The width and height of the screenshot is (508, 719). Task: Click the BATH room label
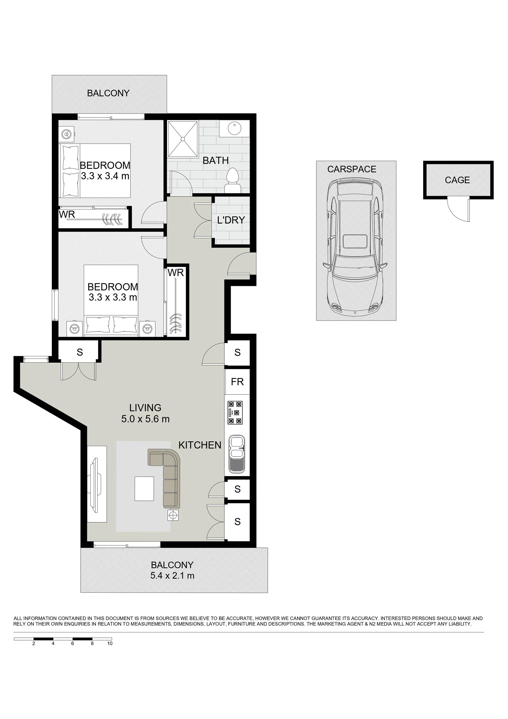216,161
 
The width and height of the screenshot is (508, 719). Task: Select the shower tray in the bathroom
183,139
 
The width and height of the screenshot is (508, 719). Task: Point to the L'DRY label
231,220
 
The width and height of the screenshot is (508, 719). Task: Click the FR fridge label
237,382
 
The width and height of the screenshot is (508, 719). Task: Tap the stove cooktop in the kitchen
235,413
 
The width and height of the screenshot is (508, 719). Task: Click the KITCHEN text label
200,445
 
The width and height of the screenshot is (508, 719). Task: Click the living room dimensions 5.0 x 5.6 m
146,419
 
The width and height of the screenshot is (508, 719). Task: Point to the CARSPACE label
352,169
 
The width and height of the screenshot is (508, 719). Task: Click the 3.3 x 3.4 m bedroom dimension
105,176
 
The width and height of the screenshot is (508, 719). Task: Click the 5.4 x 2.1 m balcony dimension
173,576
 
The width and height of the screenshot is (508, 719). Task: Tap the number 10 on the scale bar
110,644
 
